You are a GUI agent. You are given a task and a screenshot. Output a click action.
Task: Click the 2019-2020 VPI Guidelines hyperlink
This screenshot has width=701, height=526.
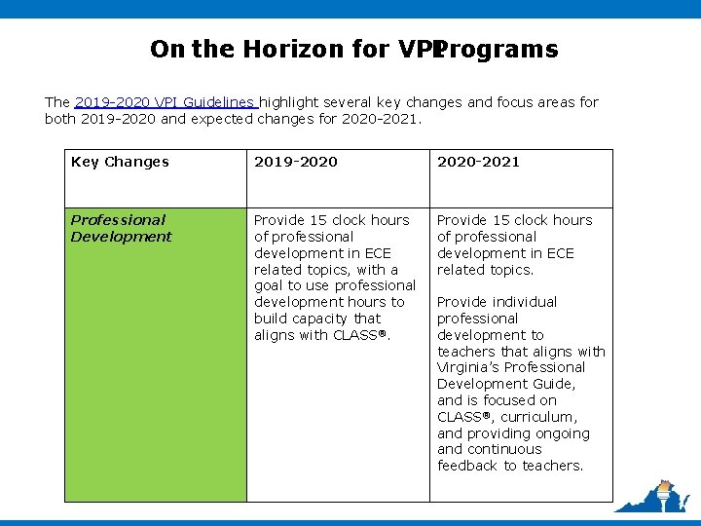click(166, 102)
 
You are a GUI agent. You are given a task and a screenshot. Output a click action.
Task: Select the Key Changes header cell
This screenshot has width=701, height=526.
click(120, 162)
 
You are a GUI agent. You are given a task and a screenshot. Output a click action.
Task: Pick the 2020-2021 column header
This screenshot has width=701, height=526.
click(478, 162)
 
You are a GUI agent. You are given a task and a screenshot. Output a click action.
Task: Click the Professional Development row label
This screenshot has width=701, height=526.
click(121, 228)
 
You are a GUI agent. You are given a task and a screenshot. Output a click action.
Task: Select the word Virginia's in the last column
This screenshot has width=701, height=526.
click(471, 367)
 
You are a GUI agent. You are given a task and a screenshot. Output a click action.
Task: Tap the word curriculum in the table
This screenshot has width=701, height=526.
click(540, 417)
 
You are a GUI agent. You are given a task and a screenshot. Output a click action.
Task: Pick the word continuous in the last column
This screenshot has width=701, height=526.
click(503, 449)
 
